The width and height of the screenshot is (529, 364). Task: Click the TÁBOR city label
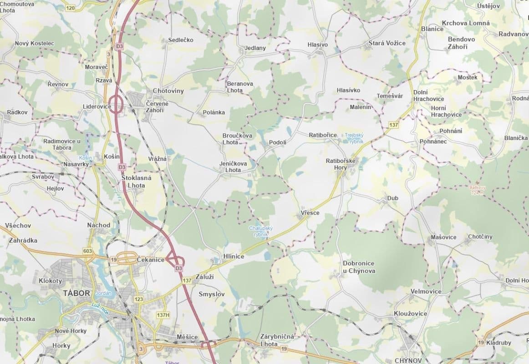point(76,293)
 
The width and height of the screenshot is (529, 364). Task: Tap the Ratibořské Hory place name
point(341,164)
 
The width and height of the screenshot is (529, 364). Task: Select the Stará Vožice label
point(387,43)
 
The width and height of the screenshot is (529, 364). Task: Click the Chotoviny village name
point(168,91)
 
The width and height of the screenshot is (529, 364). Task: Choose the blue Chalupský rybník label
point(261,231)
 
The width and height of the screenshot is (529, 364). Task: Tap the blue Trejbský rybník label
point(354,138)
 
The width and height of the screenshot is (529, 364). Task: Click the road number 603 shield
point(88,251)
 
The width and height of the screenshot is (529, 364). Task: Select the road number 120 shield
point(70,8)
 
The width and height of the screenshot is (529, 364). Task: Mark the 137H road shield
point(163,315)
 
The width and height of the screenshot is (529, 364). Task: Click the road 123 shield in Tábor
point(139,299)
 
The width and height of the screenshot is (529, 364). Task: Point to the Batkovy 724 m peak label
point(477,190)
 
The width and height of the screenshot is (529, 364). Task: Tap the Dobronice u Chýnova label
point(359,267)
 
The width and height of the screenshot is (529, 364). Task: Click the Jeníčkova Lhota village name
point(234,167)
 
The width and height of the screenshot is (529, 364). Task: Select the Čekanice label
point(151,259)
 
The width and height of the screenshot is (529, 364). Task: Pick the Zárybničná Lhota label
point(277,340)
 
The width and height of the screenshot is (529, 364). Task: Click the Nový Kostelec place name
point(35,43)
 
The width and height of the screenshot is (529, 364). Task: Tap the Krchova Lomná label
point(466,23)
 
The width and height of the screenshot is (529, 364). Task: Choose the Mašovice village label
point(443,238)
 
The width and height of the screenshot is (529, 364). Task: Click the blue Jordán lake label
point(104,293)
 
